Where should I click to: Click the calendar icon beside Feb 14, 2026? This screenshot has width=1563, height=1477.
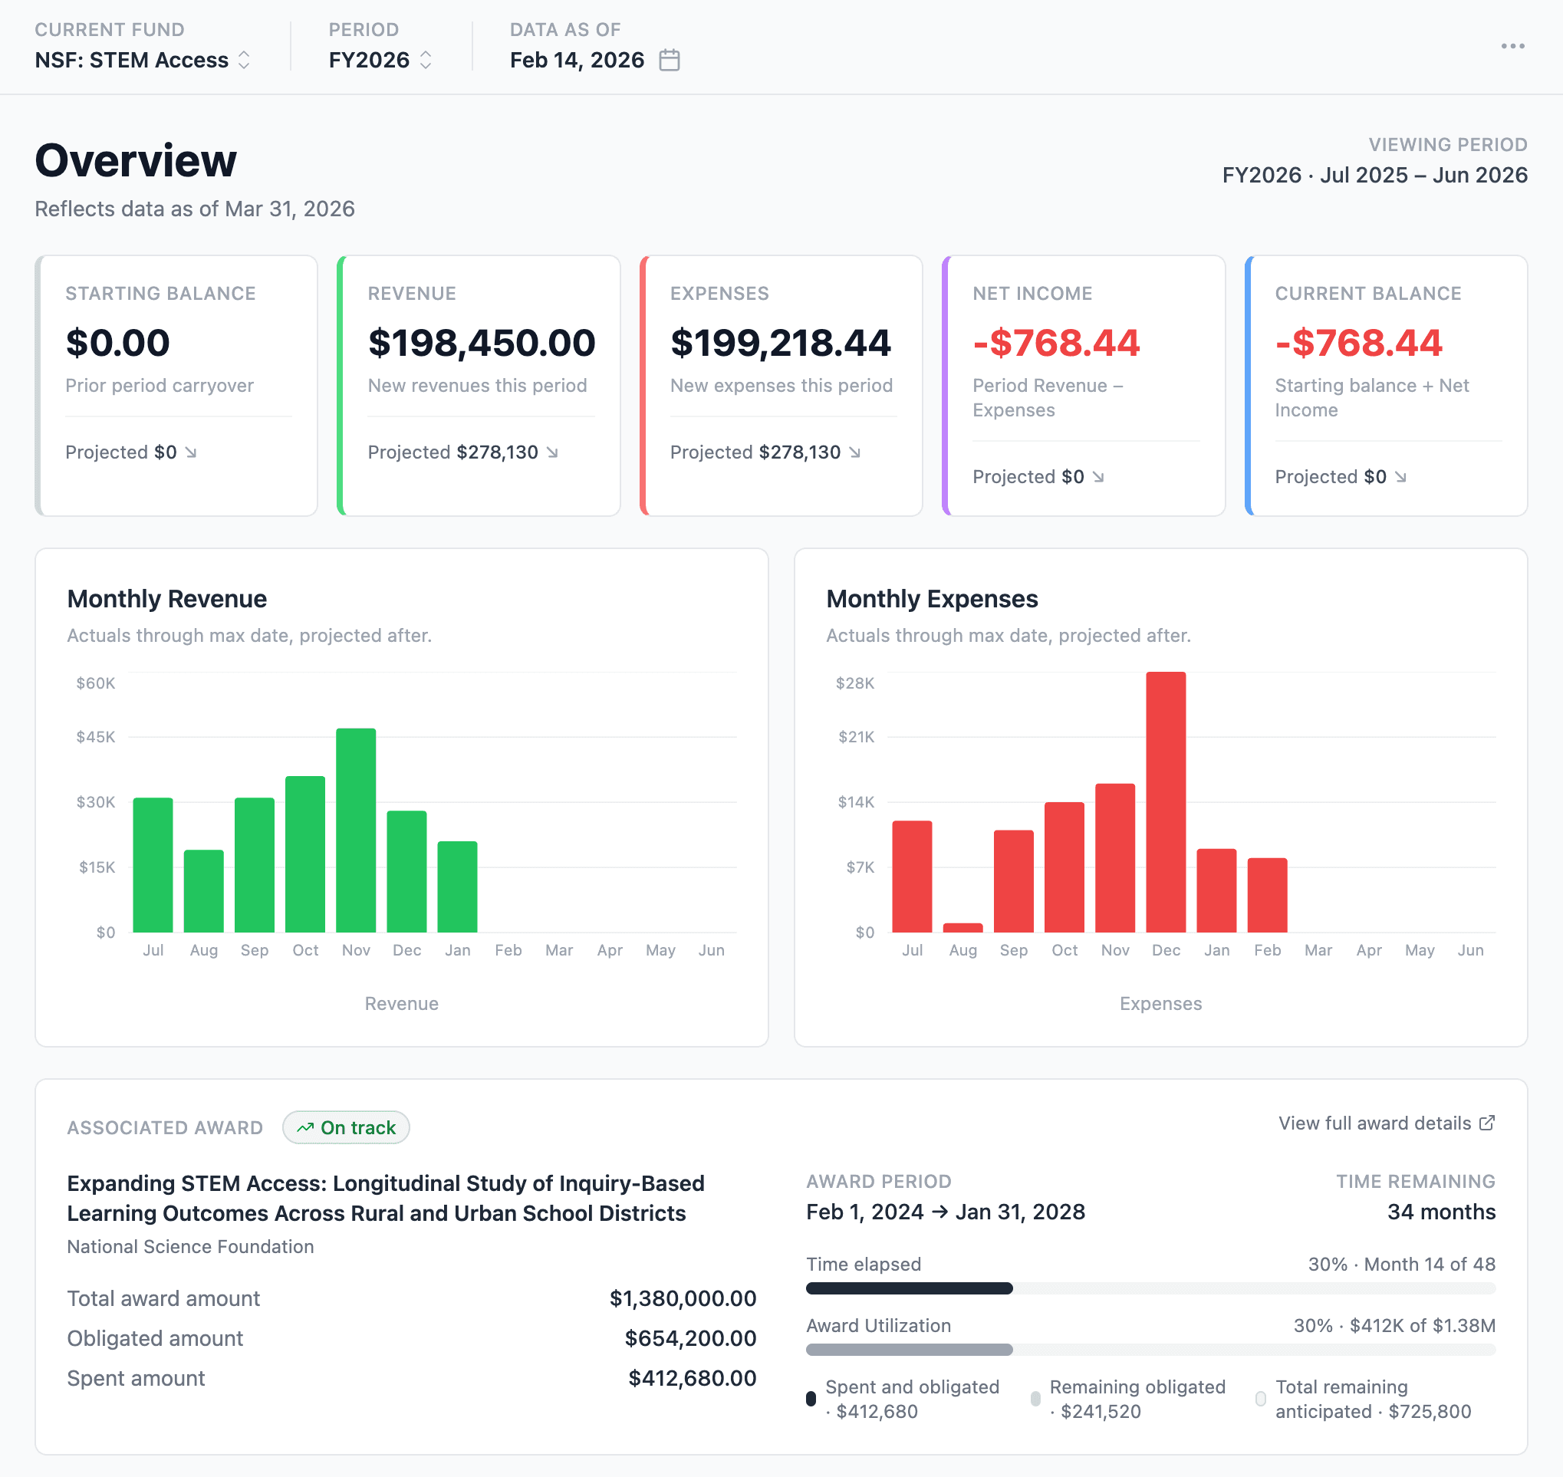[x=670, y=60]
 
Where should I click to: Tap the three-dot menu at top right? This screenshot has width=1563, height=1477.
[x=1512, y=47]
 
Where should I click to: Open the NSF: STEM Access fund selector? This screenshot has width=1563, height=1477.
[x=143, y=60]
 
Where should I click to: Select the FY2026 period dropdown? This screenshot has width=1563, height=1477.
[x=380, y=60]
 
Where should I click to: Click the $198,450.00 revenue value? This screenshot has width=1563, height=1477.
[x=481, y=343]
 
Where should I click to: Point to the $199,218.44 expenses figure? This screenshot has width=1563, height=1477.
[x=780, y=343]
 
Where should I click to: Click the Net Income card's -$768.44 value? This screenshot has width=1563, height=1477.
[x=1056, y=343]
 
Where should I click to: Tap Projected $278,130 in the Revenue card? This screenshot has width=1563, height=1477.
[x=463, y=452]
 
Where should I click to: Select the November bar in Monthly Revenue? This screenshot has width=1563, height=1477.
[x=356, y=831]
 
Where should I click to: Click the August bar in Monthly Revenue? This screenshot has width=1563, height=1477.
[x=204, y=891]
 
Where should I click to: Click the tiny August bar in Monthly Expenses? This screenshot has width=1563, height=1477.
[x=962, y=927]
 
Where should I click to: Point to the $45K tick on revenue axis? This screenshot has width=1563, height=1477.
[x=96, y=737]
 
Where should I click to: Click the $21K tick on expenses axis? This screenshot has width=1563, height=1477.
[x=856, y=737]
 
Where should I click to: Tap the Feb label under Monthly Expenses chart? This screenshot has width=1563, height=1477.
[x=1267, y=950]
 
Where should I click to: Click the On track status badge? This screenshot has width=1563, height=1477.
[x=346, y=1127]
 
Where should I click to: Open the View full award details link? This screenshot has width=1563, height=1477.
[x=1386, y=1123]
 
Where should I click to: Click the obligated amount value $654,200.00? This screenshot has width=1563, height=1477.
[x=689, y=1338]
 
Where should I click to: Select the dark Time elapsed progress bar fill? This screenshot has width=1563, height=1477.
[x=909, y=1288]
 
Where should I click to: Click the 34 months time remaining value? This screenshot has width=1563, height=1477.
[x=1440, y=1212]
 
